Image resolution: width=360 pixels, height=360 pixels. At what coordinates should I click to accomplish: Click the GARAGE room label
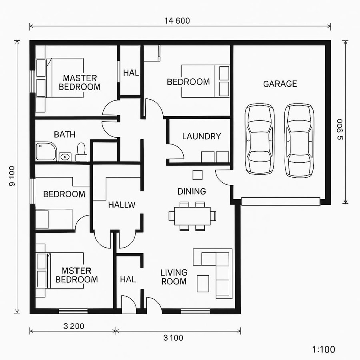280,84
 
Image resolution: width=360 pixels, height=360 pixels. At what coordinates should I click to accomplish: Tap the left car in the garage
260,139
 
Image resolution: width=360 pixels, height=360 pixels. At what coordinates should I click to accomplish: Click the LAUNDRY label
201,136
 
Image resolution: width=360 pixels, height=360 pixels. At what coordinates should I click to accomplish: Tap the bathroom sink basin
65,156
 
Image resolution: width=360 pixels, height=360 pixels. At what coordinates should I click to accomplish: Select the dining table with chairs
192,216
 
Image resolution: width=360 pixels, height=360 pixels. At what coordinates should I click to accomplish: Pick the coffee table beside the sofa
203,284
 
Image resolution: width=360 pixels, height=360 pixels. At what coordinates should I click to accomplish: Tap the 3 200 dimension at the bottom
74,326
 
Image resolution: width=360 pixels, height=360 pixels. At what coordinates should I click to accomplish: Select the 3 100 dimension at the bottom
173,338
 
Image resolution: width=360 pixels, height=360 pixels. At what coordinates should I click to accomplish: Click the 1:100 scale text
323,349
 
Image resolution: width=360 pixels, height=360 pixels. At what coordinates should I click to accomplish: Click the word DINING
192,192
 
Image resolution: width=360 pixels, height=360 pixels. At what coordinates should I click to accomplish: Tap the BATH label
64,134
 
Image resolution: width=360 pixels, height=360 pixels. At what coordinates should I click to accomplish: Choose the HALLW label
122,205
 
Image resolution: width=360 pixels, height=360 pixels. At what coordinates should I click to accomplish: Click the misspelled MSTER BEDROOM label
76,274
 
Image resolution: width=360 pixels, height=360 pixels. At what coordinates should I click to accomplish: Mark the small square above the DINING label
198,174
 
